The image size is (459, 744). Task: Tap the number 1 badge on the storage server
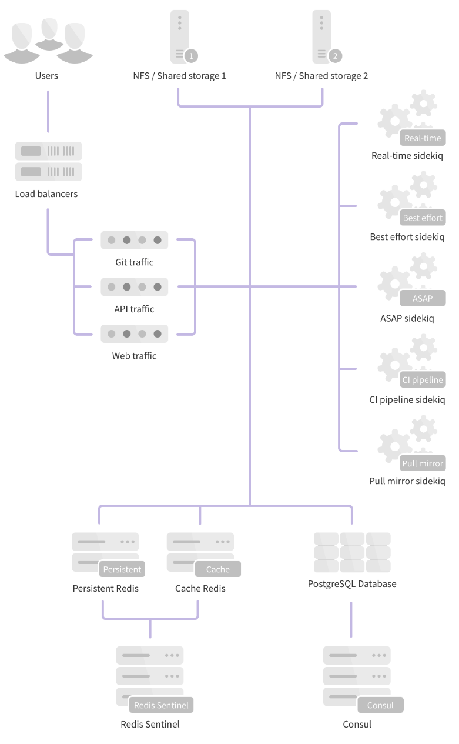(x=191, y=56)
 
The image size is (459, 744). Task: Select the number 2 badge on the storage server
(x=335, y=56)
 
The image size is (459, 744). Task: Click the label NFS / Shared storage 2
(x=321, y=76)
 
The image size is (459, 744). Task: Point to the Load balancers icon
(x=48, y=161)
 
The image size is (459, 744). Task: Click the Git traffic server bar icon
(x=134, y=240)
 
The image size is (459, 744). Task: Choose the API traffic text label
(x=134, y=309)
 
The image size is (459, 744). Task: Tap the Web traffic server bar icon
(x=134, y=333)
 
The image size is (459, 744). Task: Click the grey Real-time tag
(x=422, y=138)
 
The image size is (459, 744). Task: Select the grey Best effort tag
(x=422, y=218)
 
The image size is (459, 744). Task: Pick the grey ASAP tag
(x=422, y=298)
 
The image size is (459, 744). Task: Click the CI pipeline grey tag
(x=422, y=379)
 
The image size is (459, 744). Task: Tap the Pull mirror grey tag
(x=422, y=463)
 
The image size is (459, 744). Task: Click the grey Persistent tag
(x=122, y=569)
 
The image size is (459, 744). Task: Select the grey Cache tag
(x=217, y=569)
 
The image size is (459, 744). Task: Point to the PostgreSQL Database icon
(x=352, y=552)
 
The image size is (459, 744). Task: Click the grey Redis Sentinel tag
(x=161, y=705)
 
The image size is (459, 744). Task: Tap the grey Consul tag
(x=380, y=705)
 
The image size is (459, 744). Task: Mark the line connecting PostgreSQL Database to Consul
(x=351, y=619)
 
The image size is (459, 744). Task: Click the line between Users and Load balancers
(x=48, y=111)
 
